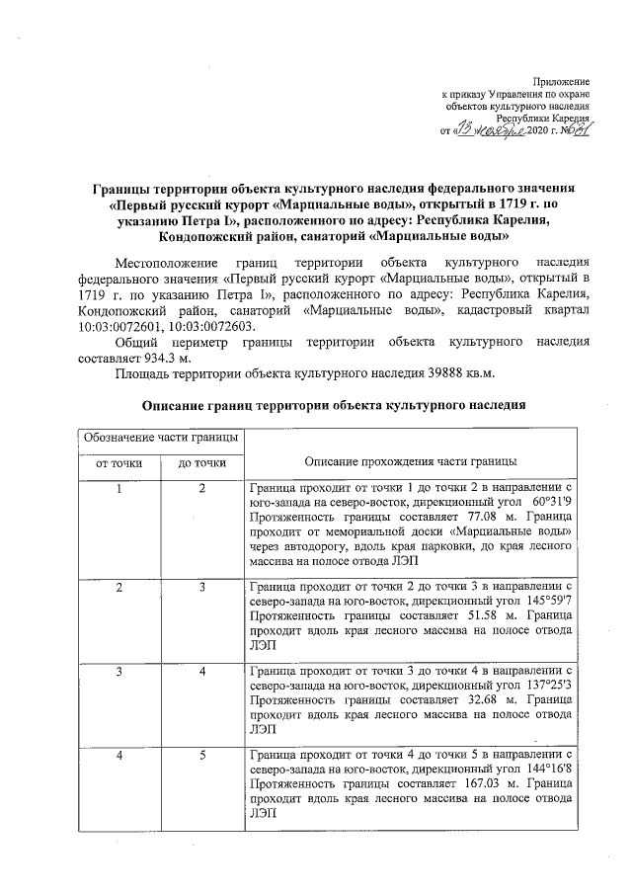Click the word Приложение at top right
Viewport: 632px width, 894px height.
pos(561,79)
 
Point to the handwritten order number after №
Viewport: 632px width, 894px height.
pos(575,129)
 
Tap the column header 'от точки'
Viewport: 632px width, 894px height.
pos(119,462)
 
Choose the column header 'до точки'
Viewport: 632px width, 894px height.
pos(201,462)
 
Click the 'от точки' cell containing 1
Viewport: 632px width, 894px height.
pos(119,489)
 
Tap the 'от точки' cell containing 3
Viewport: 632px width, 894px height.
pos(119,673)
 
